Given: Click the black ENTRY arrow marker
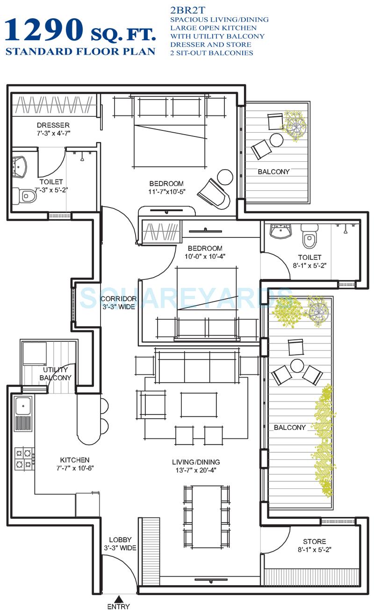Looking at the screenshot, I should tap(120, 598).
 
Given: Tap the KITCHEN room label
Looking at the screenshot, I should tap(75, 460).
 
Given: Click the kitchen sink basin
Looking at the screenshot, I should tap(23, 406).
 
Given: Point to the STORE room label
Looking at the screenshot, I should tap(314, 541).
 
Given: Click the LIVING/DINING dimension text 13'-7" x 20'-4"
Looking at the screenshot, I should tap(195, 470).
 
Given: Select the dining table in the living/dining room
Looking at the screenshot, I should tap(206, 516).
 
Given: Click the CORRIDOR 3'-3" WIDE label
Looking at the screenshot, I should tap(118, 302).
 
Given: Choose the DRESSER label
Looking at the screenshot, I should tap(53, 125).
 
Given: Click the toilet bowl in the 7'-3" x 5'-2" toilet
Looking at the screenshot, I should tap(27, 195).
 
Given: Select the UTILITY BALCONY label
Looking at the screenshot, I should tap(55, 374).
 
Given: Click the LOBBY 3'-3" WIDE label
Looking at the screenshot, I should tap(120, 543).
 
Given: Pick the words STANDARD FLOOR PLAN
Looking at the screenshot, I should tap(80, 51).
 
